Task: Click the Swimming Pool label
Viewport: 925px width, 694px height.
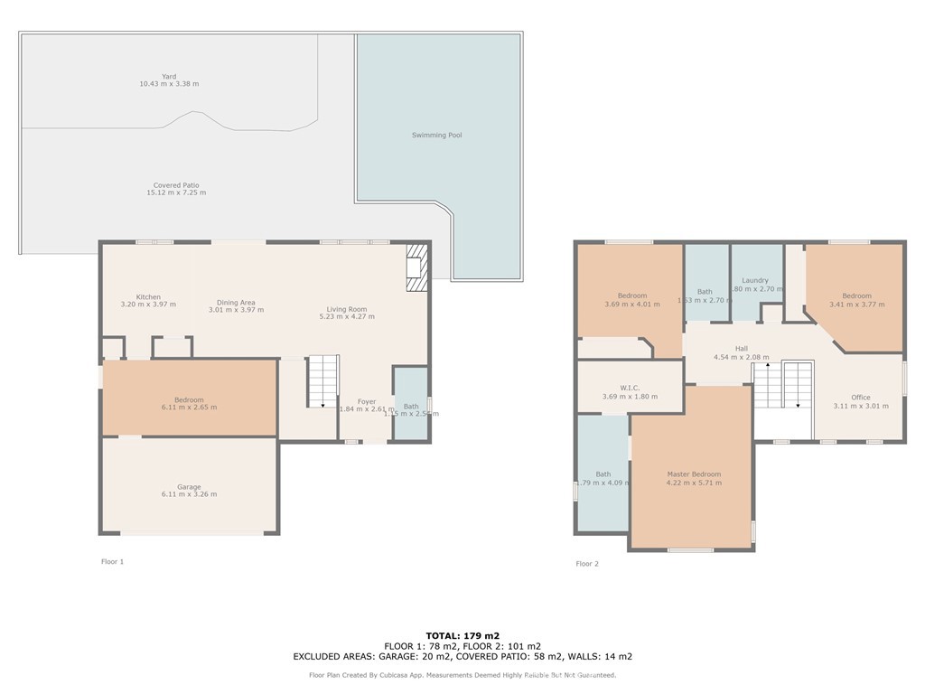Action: coord(436,136)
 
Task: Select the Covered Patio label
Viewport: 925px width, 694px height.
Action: coord(176,185)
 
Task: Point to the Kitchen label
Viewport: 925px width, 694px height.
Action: coord(148,297)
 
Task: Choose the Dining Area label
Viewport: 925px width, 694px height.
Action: coord(236,303)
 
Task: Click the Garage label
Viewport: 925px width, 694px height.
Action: coord(189,487)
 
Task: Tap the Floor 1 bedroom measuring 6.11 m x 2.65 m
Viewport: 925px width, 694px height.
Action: coord(189,403)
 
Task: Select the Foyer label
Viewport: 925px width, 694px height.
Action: coord(367,402)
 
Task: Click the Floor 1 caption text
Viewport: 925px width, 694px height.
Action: coord(112,562)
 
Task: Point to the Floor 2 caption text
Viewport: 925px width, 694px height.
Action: coord(587,564)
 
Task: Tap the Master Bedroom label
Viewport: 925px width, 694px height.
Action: coord(694,474)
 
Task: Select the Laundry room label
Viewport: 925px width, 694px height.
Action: coord(755,281)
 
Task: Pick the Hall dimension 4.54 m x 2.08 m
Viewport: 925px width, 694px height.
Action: coord(741,357)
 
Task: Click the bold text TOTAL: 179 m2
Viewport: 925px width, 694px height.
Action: coord(462,635)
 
